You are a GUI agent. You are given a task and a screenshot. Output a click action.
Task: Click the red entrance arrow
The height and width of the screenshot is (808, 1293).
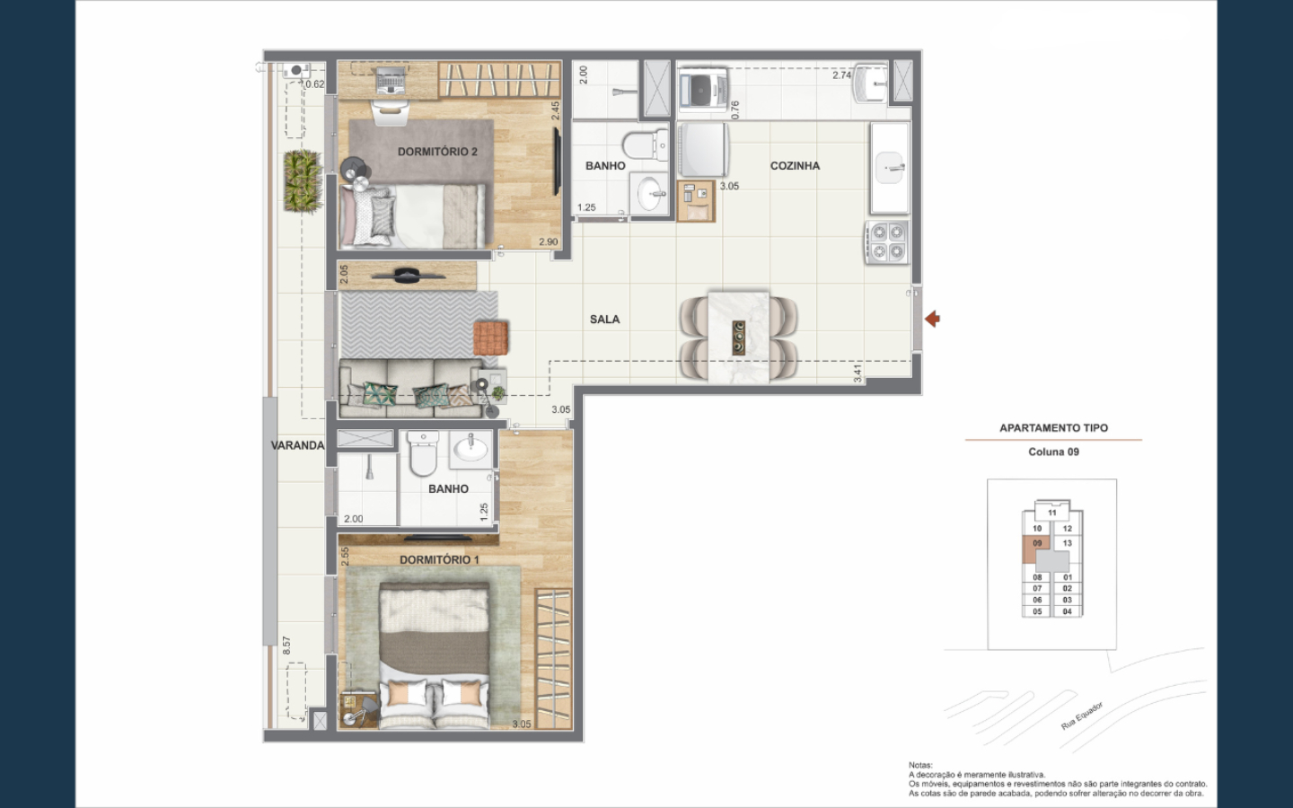click(932, 319)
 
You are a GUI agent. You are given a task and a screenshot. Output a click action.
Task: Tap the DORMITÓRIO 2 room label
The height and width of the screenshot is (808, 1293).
click(437, 152)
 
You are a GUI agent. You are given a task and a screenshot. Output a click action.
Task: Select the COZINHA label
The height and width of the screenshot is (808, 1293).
click(795, 165)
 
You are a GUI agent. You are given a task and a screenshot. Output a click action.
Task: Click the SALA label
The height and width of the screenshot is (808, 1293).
click(604, 320)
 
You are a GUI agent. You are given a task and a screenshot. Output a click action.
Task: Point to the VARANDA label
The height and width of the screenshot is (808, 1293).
click(297, 445)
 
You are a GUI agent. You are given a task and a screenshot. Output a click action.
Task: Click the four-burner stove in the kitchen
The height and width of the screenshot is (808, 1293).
click(887, 242)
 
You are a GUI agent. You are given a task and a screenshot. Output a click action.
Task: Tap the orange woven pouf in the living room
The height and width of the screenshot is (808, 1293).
click(491, 338)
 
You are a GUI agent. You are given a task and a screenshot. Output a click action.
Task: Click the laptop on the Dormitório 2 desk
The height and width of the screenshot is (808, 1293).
click(391, 81)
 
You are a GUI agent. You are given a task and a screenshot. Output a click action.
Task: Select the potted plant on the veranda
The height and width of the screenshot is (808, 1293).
click(302, 180)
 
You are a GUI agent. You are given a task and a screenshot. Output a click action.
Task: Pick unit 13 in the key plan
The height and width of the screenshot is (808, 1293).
click(1068, 543)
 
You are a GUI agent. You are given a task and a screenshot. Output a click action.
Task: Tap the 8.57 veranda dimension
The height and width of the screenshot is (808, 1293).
click(287, 646)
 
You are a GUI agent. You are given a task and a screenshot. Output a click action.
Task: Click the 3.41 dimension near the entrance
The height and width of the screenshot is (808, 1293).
click(858, 373)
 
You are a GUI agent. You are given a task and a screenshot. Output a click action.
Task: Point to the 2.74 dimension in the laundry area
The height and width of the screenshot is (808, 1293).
click(841, 75)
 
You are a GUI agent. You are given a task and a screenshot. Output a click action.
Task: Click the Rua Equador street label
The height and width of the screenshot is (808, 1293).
click(1082, 716)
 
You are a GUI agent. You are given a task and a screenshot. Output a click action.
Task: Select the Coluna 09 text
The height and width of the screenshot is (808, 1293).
click(1053, 452)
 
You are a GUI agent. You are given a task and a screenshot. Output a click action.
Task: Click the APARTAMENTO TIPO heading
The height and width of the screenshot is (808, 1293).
click(1053, 428)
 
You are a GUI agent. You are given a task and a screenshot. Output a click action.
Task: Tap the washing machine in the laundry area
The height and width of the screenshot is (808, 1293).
click(702, 90)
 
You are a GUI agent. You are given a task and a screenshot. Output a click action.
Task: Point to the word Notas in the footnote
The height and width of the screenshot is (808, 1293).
click(920, 765)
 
